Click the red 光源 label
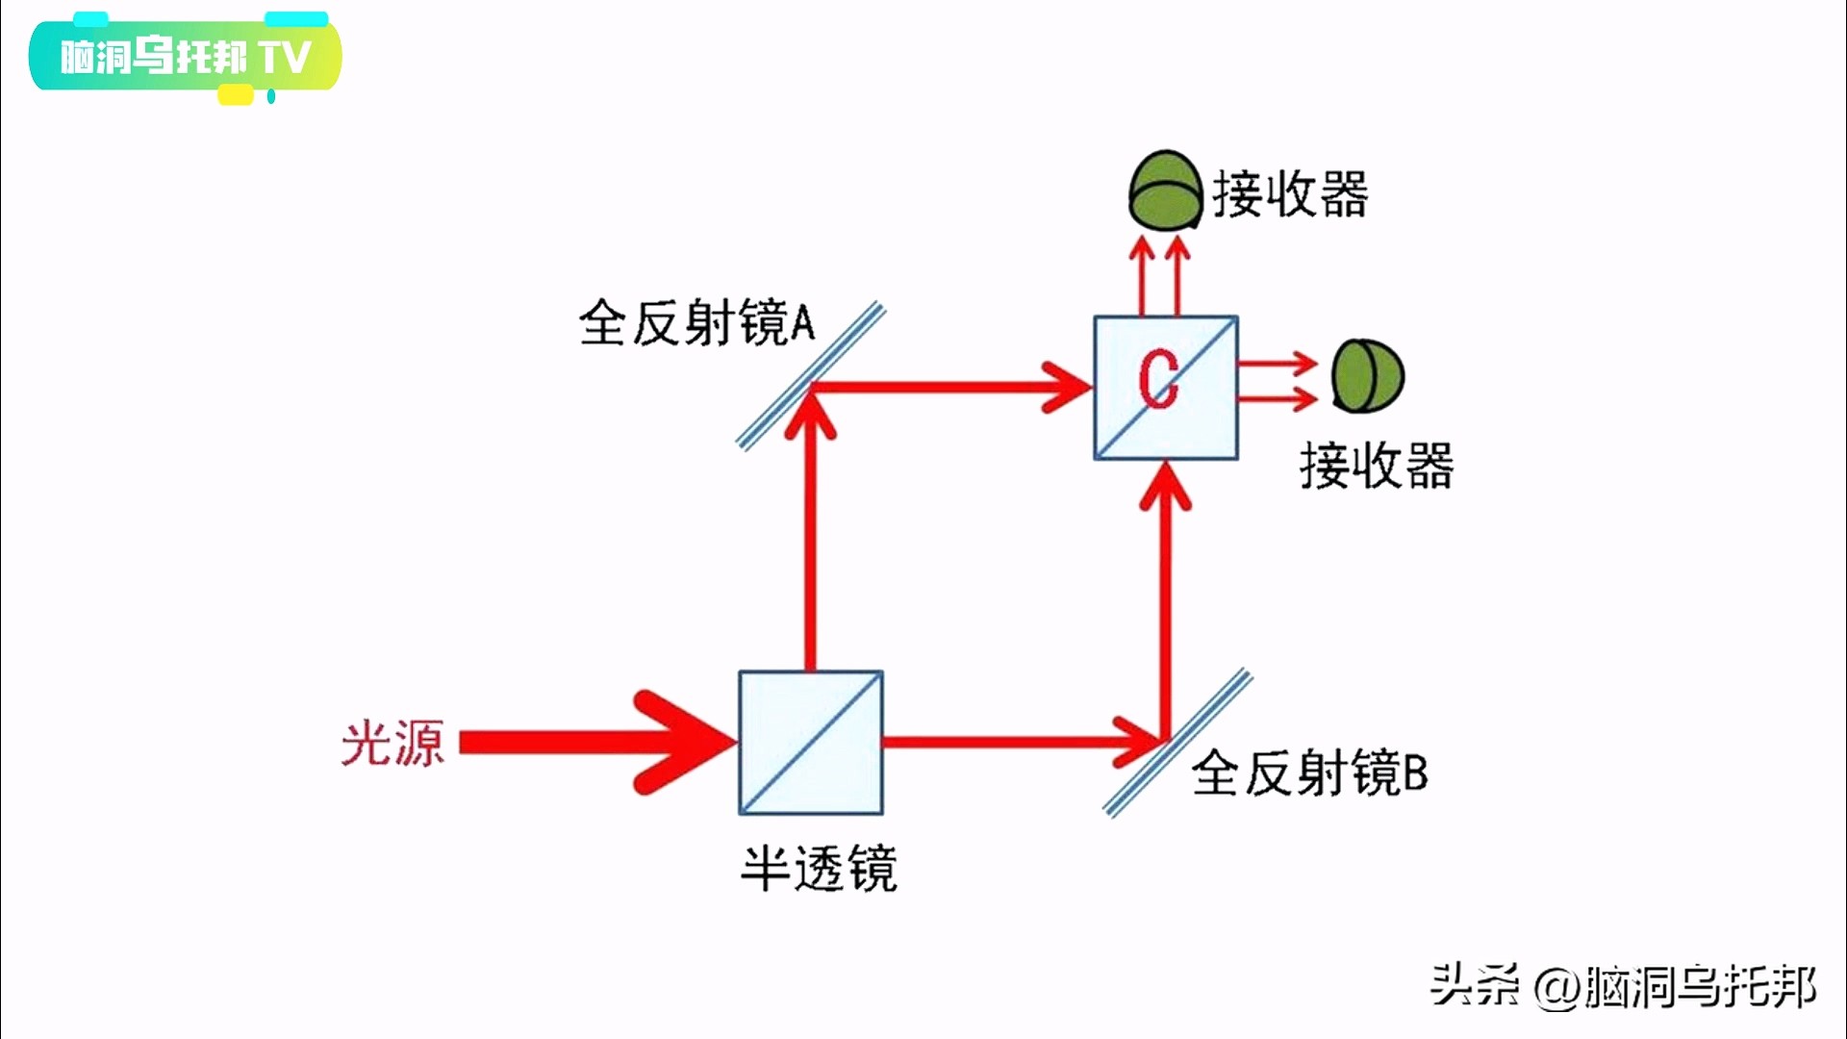click(392, 744)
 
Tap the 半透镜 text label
click(819, 869)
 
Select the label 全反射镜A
click(696, 323)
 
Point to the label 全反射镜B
click(1309, 773)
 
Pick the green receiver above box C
click(1165, 190)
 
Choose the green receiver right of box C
click(1367, 376)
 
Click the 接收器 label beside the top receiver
click(1290, 194)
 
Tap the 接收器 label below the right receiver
click(1377, 467)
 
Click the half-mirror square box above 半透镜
click(811, 743)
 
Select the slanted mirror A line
click(811, 376)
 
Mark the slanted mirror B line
click(1177, 743)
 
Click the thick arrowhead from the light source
click(683, 743)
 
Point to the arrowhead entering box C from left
click(1068, 388)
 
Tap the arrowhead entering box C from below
click(1166, 486)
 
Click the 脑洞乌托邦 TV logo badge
click(186, 57)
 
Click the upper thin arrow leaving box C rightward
click(1279, 365)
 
